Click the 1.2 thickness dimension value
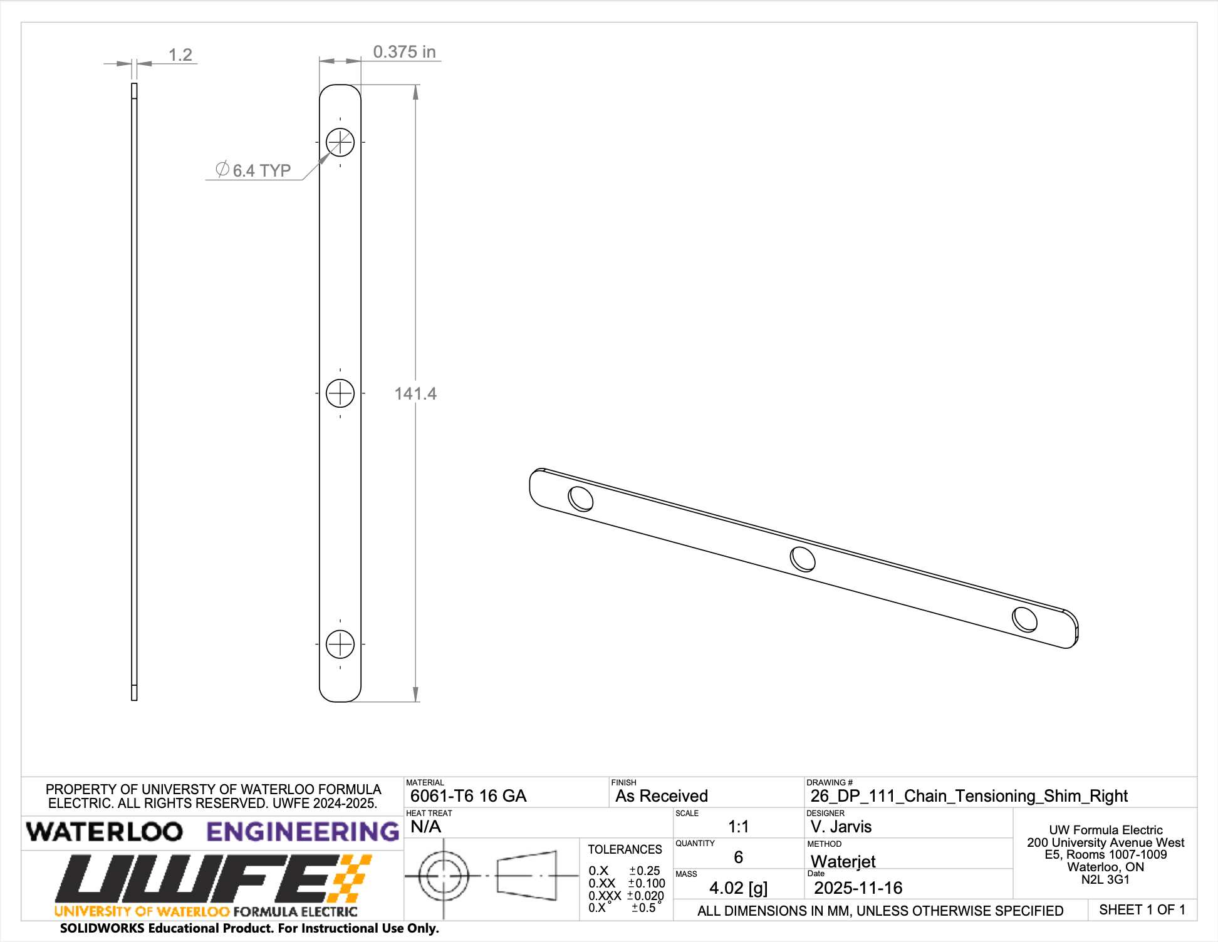click(x=180, y=55)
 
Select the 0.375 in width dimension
click(x=404, y=52)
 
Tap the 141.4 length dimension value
click(x=415, y=393)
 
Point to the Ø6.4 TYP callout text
click(x=254, y=170)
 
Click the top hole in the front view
click(x=340, y=142)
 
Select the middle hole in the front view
click(x=340, y=393)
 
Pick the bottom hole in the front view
click(x=340, y=644)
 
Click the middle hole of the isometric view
click(x=803, y=559)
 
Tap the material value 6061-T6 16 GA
click(x=468, y=796)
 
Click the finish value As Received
click(x=661, y=796)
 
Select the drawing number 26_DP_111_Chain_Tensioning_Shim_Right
click(x=969, y=796)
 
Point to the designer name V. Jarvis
click(x=841, y=827)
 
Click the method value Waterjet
click(x=843, y=861)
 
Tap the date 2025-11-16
click(x=858, y=888)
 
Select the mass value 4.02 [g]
click(x=738, y=888)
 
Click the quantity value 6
click(x=738, y=857)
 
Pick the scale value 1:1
click(x=738, y=827)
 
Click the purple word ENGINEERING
click(x=303, y=832)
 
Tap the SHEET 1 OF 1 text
click(x=1142, y=910)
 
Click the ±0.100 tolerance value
click(x=647, y=883)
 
